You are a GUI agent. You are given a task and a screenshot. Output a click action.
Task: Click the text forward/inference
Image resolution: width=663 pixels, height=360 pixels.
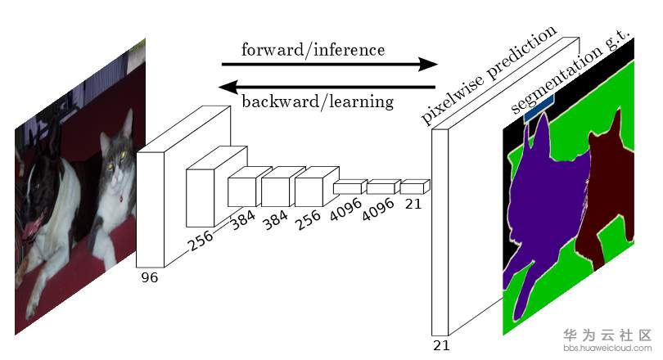(x=313, y=50)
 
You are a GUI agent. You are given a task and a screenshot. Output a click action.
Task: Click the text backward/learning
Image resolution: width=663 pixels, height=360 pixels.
(x=318, y=101)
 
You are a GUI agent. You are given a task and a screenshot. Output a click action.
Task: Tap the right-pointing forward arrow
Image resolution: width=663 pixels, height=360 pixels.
(x=330, y=64)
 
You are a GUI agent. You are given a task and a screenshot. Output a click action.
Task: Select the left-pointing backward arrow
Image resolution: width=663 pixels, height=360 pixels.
(x=327, y=88)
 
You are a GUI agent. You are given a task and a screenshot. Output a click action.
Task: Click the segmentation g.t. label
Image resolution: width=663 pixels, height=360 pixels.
(x=571, y=71)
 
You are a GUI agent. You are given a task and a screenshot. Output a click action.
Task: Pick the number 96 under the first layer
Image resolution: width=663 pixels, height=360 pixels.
(x=150, y=277)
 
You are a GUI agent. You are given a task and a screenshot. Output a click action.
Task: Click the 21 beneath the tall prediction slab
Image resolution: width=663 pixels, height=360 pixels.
(x=441, y=345)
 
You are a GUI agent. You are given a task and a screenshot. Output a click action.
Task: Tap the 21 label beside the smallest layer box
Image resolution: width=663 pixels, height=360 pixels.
(x=413, y=204)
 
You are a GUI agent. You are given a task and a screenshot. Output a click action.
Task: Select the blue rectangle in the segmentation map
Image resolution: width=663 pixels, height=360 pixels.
(x=539, y=108)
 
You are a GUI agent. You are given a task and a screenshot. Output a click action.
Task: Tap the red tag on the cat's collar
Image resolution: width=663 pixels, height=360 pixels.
(x=121, y=198)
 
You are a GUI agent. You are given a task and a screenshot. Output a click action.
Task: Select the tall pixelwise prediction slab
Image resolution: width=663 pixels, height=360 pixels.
(x=440, y=232)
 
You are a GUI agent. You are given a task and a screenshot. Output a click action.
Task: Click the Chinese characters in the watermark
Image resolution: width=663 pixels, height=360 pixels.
(x=607, y=335)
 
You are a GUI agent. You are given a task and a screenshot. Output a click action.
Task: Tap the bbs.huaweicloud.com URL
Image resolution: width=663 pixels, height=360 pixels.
(x=607, y=349)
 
